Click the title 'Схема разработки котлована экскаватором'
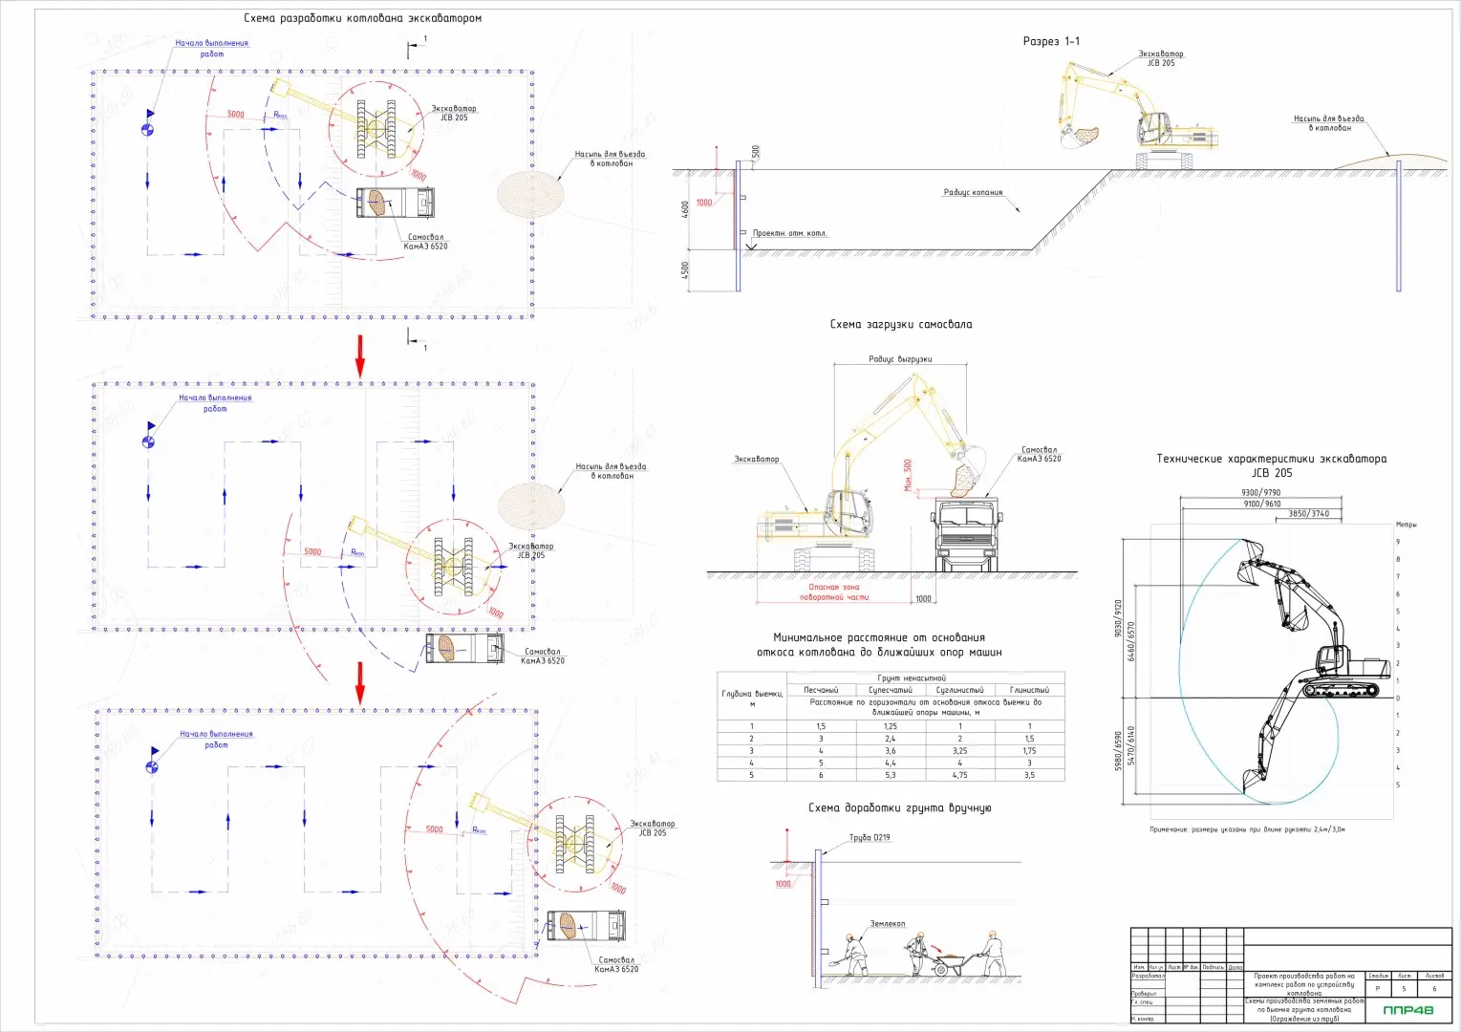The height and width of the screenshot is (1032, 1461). tap(362, 18)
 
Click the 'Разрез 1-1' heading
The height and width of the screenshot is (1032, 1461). tap(1051, 41)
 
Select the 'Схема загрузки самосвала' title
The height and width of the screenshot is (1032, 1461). tap(900, 325)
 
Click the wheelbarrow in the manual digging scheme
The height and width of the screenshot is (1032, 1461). tap(949, 964)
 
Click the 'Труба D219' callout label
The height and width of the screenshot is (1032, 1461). tap(870, 838)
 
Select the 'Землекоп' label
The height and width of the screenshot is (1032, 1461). tap(887, 924)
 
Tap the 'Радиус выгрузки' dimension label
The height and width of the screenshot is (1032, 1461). tap(900, 359)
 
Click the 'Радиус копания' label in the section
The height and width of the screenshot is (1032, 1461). tap(973, 193)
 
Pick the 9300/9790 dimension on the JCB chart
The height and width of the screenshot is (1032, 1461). tap(1260, 493)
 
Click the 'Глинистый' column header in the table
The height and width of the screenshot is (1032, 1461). tap(1029, 690)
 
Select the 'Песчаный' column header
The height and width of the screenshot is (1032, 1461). tap(820, 690)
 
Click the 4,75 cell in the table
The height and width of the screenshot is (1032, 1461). tap(959, 775)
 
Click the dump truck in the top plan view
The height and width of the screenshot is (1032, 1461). tap(396, 203)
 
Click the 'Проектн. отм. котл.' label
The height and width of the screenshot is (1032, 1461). tap(789, 233)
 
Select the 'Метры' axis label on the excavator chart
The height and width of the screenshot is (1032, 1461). tap(1406, 525)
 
